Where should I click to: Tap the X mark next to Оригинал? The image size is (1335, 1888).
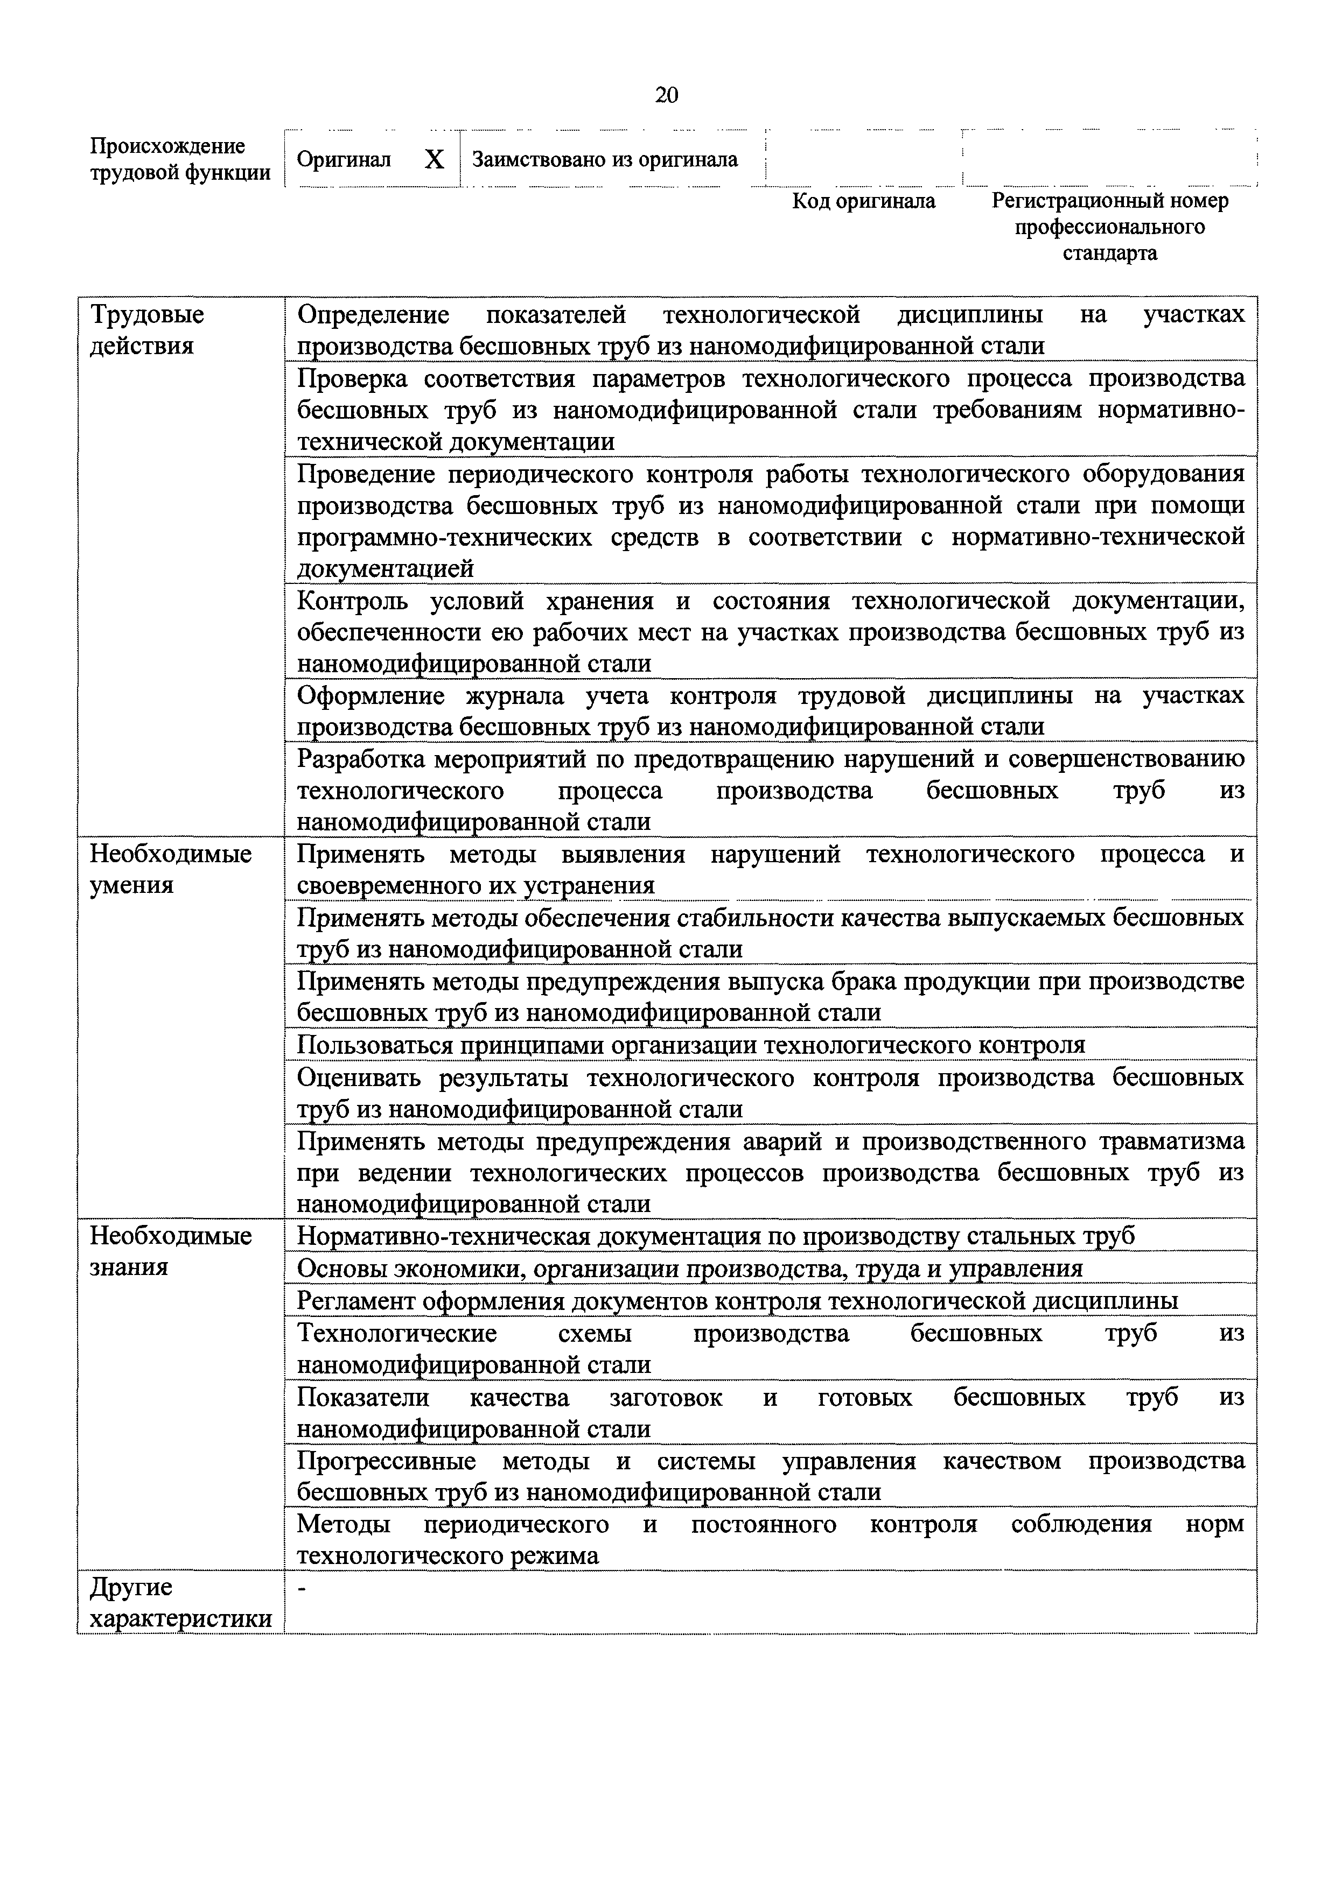(434, 159)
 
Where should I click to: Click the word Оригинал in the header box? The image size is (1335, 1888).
(343, 159)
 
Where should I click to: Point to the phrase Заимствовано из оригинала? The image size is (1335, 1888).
(605, 159)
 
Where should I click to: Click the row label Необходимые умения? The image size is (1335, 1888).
(170, 869)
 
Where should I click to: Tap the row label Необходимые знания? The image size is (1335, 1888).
(170, 1251)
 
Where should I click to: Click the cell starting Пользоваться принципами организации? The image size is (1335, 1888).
(690, 1044)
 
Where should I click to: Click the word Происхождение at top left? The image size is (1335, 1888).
(167, 146)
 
